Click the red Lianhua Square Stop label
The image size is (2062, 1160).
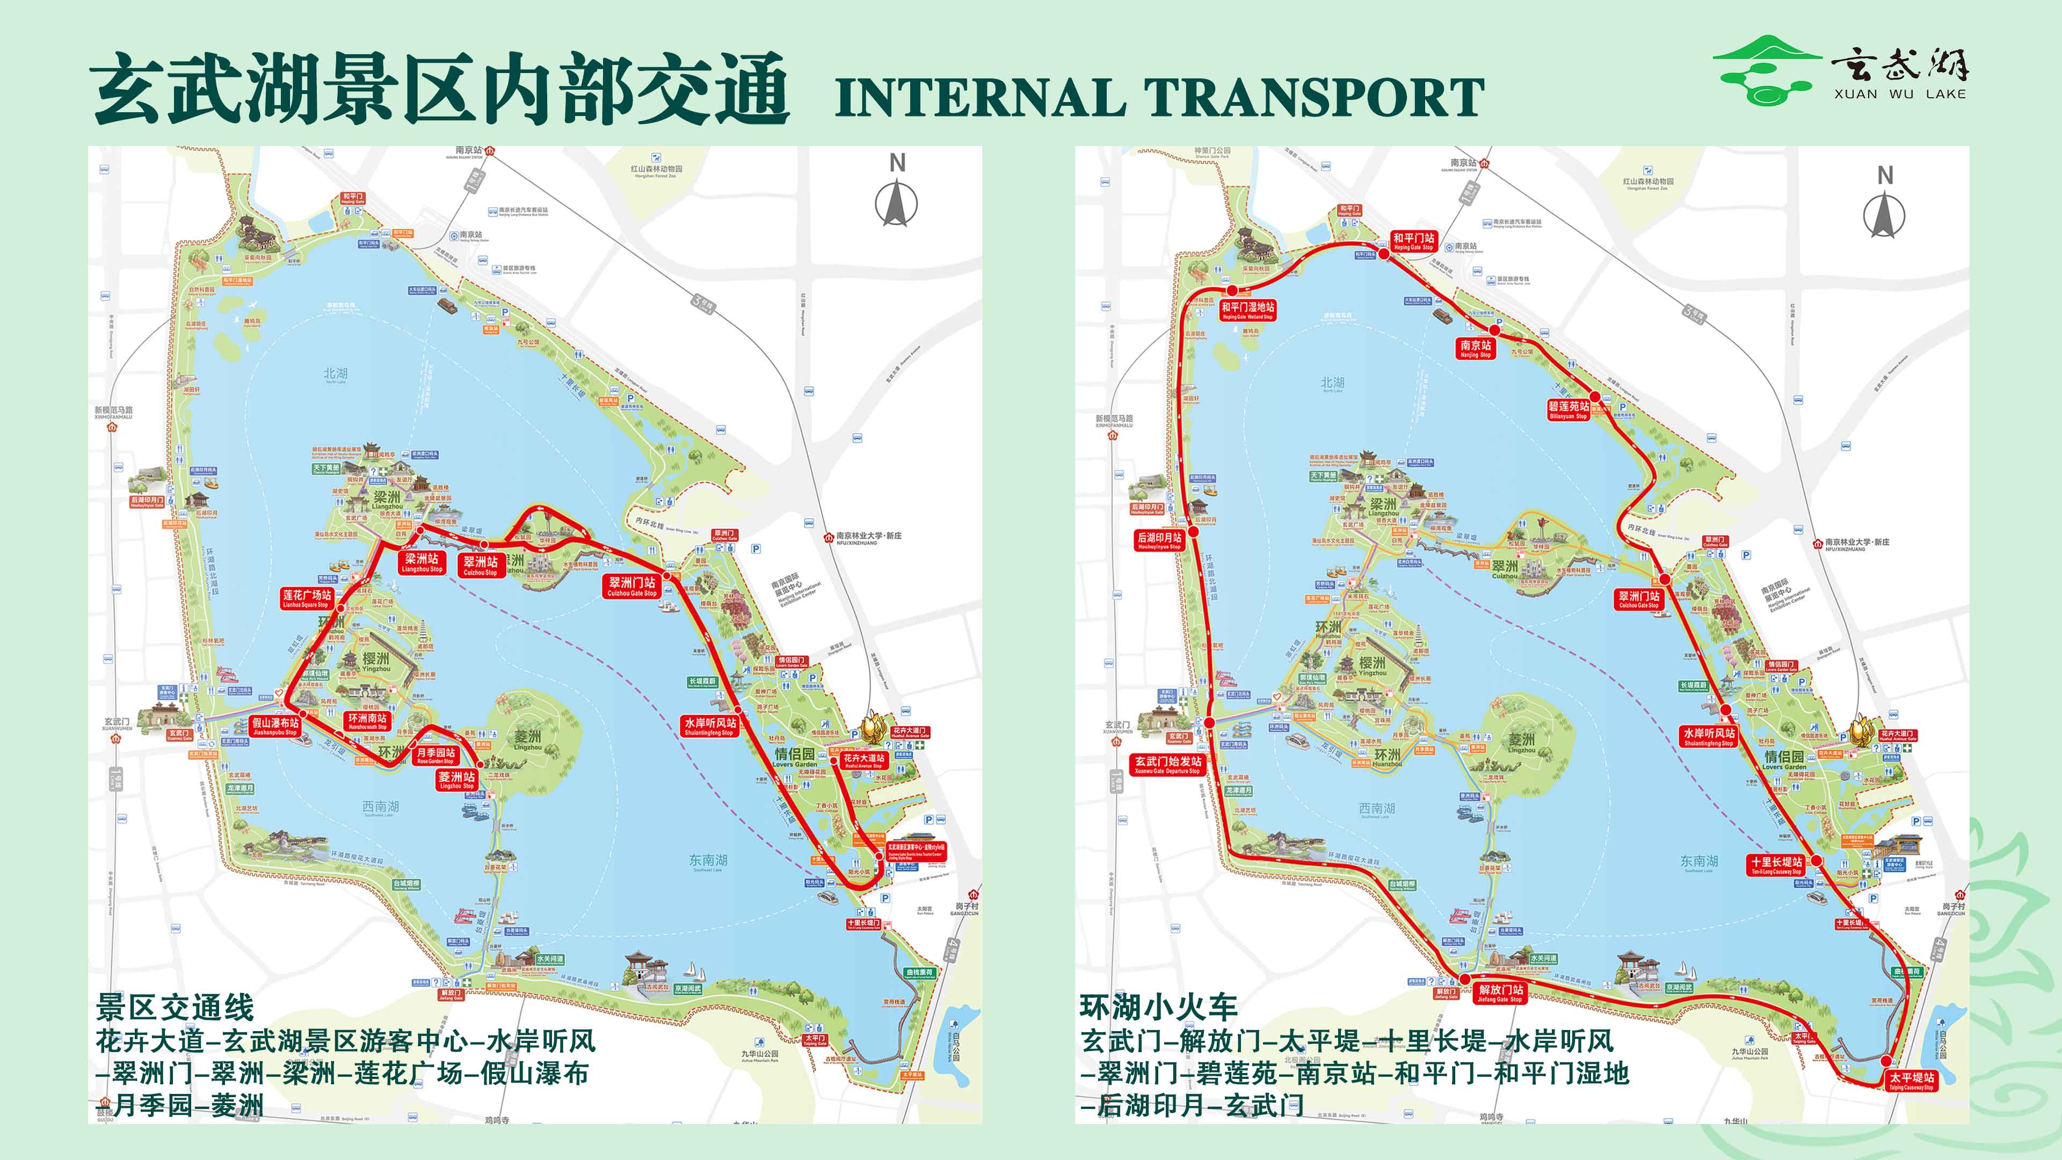pyautogui.click(x=307, y=598)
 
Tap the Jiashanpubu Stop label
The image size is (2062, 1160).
pyautogui.click(x=274, y=726)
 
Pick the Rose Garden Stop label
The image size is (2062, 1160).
pyautogui.click(x=435, y=756)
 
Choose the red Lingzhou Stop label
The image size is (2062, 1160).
pyautogui.click(x=456, y=780)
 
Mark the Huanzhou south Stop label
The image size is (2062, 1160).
pyautogui.click(x=367, y=721)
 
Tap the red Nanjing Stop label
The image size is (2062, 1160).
pyautogui.click(x=1475, y=349)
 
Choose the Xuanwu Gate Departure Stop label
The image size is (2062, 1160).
pyautogui.click(x=1167, y=765)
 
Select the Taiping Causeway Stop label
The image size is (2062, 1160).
pyautogui.click(x=1912, y=1081)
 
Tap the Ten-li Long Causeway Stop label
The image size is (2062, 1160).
pyautogui.click(x=1776, y=865)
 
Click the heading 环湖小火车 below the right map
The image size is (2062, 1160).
pyautogui.click(x=1158, y=1007)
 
